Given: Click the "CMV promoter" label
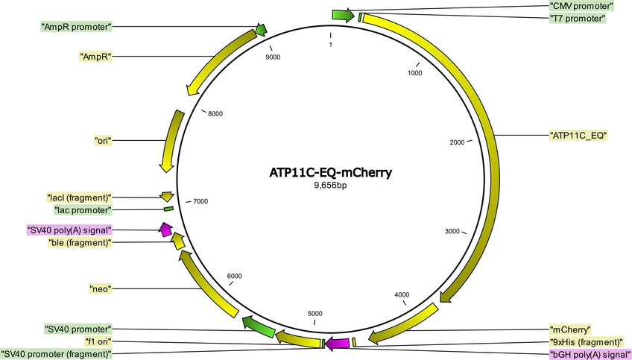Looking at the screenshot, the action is click(581, 6).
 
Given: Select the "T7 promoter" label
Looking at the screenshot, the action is click(577, 19).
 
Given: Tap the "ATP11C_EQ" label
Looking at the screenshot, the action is click(578, 136).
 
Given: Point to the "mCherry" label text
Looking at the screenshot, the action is click(570, 329).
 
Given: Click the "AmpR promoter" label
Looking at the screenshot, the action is click(76, 28).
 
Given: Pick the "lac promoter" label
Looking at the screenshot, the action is click(83, 210).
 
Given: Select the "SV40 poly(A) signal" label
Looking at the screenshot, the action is click(69, 230).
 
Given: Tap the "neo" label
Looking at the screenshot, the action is click(100, 288).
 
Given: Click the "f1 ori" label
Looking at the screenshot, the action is click(98, 342).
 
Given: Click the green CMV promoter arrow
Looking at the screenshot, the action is click(343, 16).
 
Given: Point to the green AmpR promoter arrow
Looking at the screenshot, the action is click(261, 29).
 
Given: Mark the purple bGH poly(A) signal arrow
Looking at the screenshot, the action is click(338, 343).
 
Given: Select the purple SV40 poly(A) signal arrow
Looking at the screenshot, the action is click(165, 230).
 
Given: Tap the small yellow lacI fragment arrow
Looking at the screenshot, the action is click(167, 196).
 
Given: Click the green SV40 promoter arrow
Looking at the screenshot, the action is click(259, 327).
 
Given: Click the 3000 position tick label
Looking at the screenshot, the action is click(452, 231).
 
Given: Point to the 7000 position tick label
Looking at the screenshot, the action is click(200, 201).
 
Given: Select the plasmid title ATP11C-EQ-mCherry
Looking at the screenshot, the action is click(330, 172).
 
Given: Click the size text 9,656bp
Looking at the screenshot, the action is click(330, 186).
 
